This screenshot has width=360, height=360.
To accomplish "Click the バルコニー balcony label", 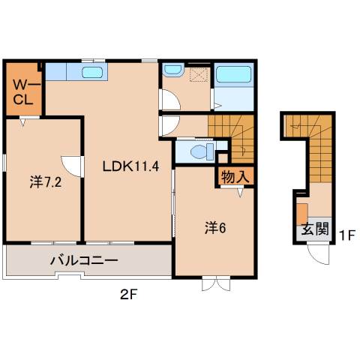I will point(84,262).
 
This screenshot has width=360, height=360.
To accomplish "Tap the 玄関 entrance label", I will point(314,229).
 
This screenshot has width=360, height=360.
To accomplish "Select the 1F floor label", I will point(345,235).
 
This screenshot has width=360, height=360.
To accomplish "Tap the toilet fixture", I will point(199,151).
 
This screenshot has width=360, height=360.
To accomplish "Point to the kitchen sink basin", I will point(92,72).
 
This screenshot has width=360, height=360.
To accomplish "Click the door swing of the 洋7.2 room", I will point(71,165).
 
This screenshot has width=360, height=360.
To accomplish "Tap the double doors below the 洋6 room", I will point(213,285).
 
